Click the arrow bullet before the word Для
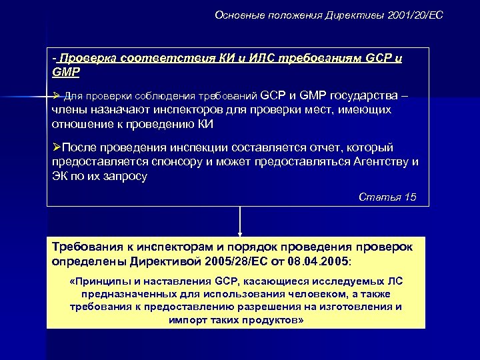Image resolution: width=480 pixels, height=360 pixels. click(57, 96)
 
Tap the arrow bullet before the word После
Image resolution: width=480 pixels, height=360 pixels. click(56, 147)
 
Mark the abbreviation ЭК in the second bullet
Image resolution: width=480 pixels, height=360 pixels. click(60, 175)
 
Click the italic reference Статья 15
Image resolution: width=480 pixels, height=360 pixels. click(387, 197)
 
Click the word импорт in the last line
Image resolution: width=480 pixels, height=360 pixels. click(189, 320)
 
